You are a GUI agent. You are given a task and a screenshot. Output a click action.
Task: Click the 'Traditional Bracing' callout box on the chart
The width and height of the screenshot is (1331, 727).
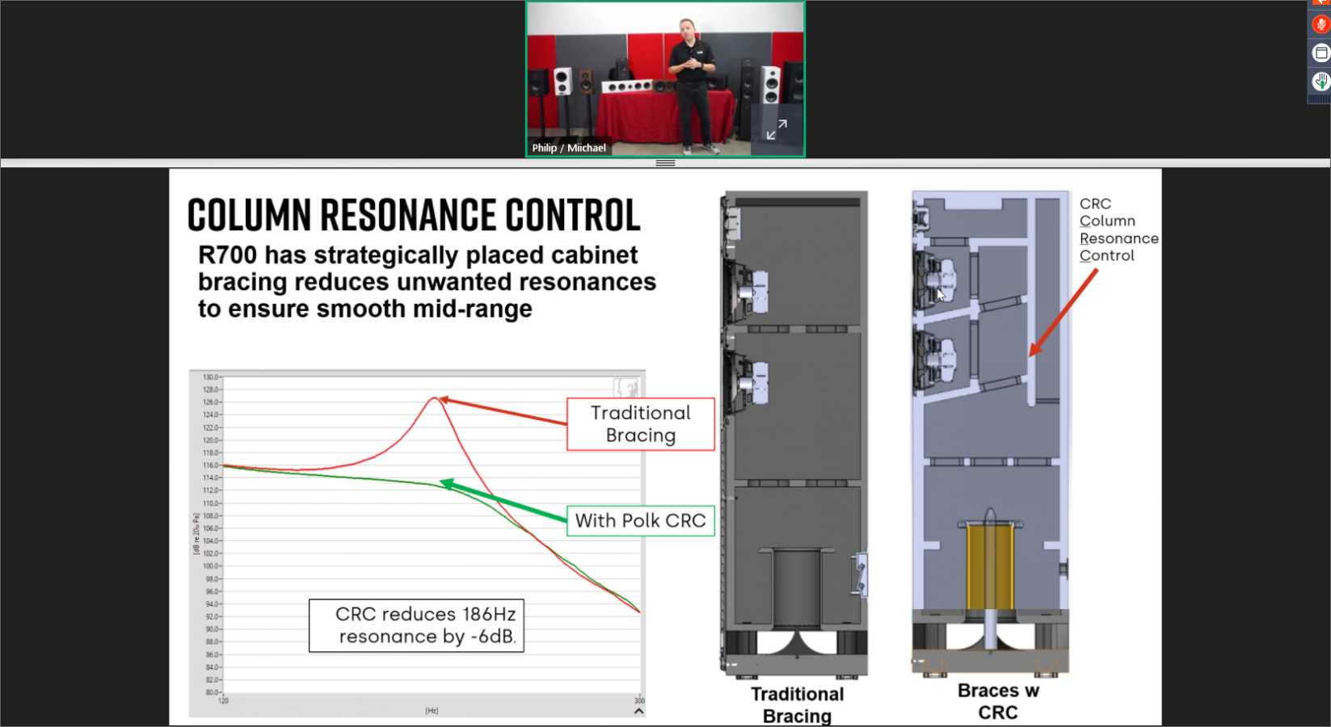click(x=640, y=424)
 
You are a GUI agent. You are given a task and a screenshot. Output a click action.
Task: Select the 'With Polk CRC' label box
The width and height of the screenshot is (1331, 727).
click(x=640, y=521)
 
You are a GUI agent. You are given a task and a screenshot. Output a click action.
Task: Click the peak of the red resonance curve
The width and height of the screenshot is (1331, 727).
click(x=436, y=398)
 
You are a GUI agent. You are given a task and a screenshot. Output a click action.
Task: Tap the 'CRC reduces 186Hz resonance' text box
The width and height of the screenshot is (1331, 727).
click(x=417, y=625)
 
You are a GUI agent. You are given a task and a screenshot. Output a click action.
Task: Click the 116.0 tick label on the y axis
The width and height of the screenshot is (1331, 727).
click(x=210, y=465)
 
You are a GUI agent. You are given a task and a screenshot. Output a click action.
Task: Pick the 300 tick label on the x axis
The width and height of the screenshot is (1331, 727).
click(x=639, y=700)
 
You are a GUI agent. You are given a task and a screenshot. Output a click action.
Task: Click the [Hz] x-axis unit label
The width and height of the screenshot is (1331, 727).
click(x=432, y=711)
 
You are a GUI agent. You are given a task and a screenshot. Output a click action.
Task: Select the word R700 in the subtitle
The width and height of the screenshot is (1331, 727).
click(x=227, y=255)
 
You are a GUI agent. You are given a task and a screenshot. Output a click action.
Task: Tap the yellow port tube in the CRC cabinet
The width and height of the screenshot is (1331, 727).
click(x=990, y=565)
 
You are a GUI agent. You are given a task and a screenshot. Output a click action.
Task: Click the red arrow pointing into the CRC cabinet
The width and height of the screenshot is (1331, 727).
click(x=1063, y=313)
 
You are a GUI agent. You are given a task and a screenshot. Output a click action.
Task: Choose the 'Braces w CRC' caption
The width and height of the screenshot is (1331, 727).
click(x=998, y=701)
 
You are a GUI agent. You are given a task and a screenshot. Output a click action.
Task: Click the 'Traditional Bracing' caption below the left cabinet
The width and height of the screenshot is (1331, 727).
click(x=797, y=704)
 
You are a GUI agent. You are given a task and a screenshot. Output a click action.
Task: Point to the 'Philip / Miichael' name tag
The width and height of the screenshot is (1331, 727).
click(x=569, y=148)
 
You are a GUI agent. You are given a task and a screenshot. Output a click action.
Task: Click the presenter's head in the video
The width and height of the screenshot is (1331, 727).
click(x=688, y=30)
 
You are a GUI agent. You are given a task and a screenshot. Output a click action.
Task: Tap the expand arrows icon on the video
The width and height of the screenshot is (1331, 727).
click(x=777, y=129)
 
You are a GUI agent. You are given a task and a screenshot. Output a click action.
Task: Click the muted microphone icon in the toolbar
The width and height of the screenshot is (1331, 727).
click(x=1321, y=25)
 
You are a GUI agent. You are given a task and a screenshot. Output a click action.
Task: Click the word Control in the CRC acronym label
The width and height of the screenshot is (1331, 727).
click(x=1106, y=256)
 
